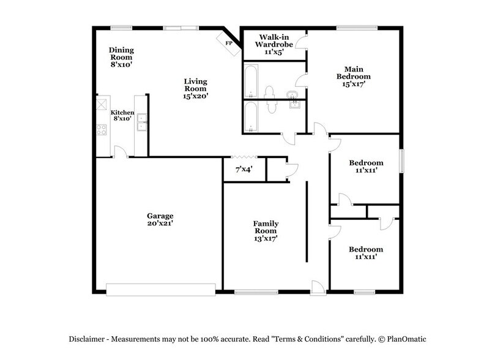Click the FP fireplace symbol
[x=228, y=43]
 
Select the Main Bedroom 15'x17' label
[x=353, y=77]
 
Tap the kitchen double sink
[x=142, y=122]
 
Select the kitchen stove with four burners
[x=101, y=130]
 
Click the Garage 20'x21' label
[x=160, y=220]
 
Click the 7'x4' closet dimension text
[x=245, y=169]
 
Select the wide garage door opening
[x=160, y=288]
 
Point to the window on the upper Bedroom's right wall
[x=402, y=161]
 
